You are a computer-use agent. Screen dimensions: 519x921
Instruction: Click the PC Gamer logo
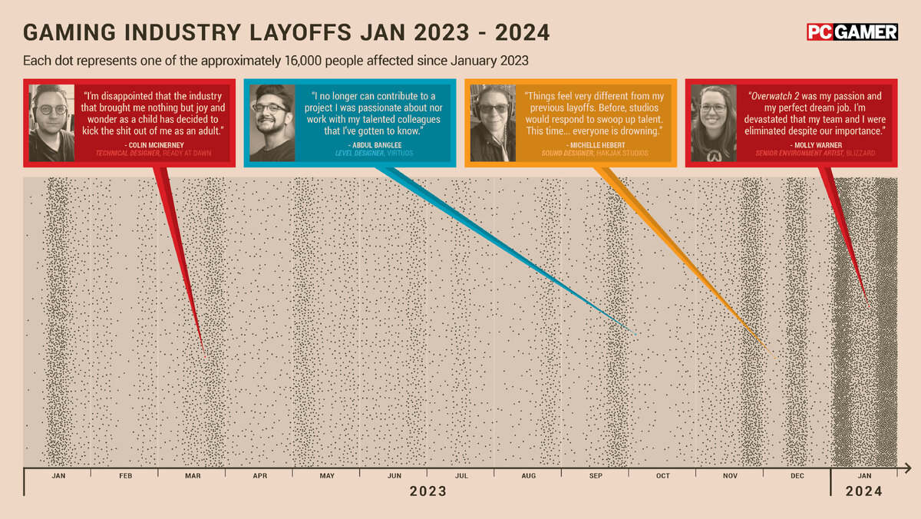[x=852, y=31]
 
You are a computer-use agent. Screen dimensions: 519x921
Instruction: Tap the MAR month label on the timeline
[x=193, y=476]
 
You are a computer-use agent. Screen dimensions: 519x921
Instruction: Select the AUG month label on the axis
[x=528, y=476]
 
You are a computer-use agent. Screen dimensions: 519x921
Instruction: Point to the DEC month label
[x=797, y=476]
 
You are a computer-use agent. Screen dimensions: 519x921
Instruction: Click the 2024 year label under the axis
[x=863, y=491]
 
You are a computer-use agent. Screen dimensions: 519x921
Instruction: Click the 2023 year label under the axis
[x=427, y=491]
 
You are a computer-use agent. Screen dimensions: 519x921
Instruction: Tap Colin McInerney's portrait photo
[x=51, y=123]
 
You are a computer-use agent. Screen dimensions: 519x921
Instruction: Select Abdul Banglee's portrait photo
[x=272, y=123]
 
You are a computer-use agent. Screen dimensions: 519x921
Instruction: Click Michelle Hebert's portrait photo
[x=493, y=123]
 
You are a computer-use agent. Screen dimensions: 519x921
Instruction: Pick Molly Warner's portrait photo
[x=713, y=123]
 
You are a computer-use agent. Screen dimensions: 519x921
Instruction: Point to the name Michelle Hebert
[x=592, y=144]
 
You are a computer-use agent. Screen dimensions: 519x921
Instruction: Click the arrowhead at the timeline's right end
[x=907, y=468]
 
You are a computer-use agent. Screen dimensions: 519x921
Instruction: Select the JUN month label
[x=394, y=476]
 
